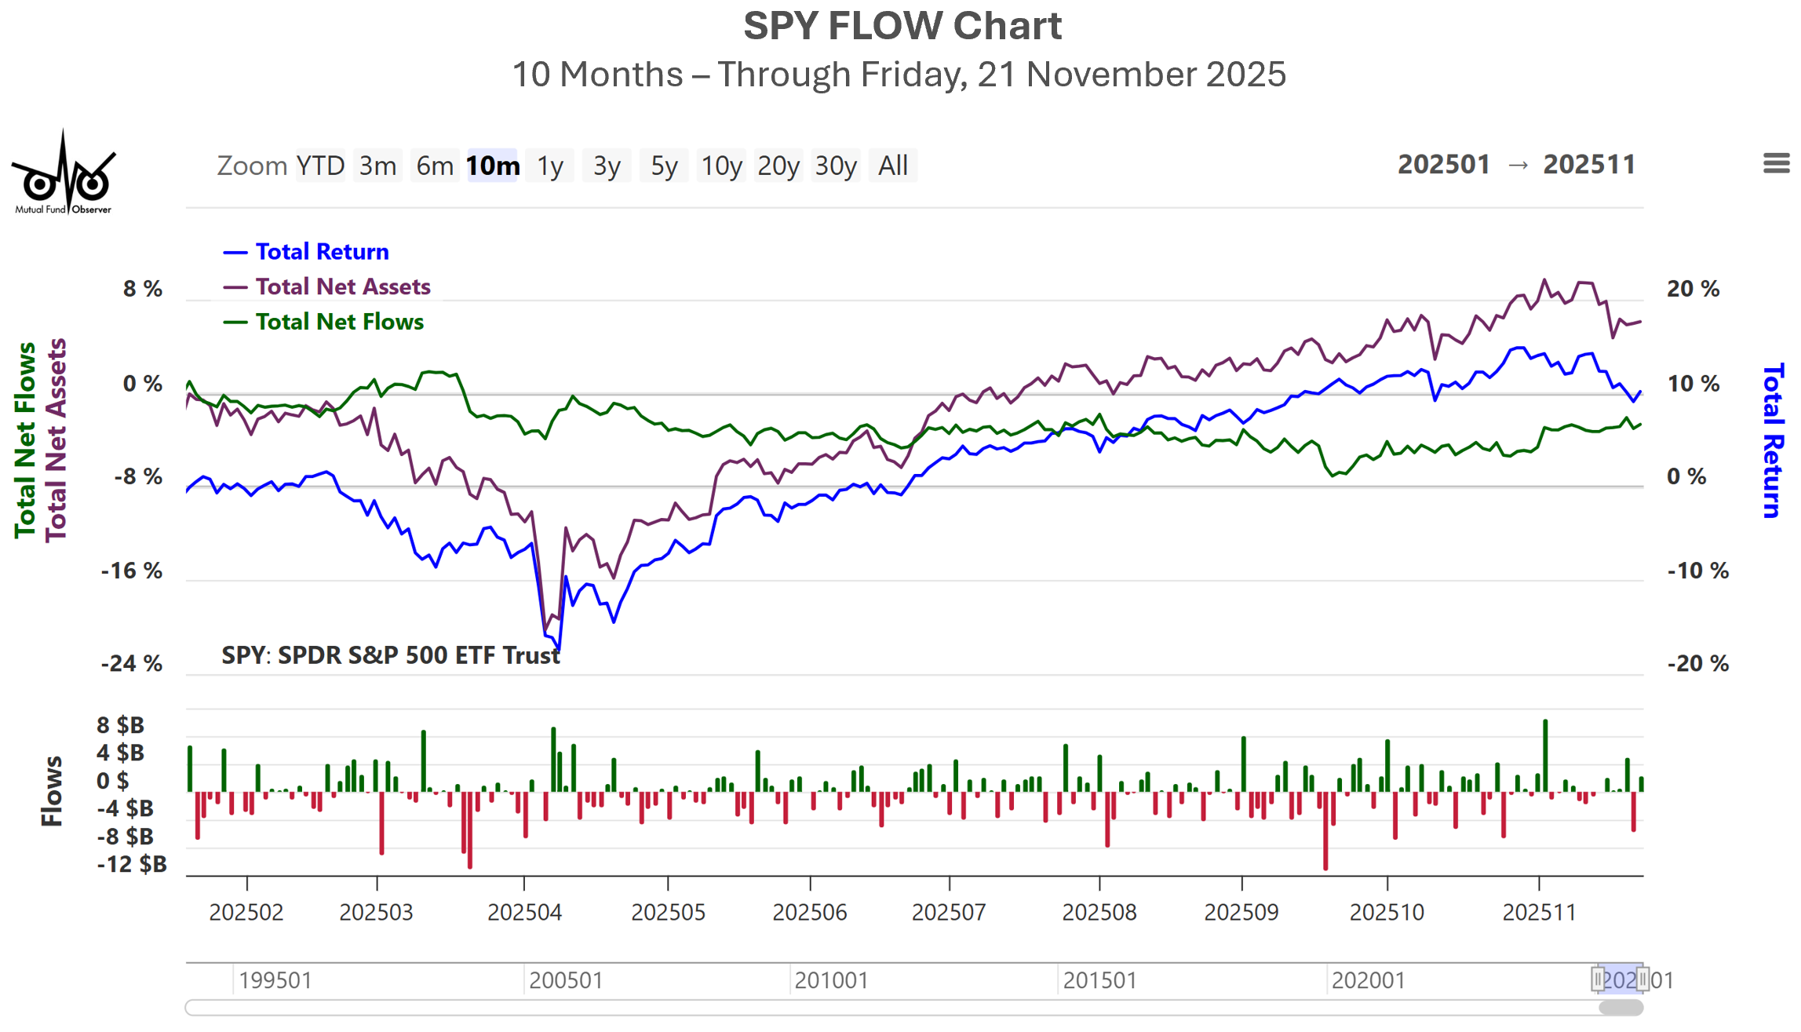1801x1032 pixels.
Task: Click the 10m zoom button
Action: pos(492,166)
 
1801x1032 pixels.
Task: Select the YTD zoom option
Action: pos(320,166)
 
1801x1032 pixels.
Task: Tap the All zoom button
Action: pos(892,166)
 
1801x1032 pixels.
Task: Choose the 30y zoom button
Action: pos(835,166)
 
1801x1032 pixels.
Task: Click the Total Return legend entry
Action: pos(322,252)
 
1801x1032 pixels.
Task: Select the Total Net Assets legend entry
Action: pos(342,287)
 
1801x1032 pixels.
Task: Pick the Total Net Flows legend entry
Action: pos(339,323)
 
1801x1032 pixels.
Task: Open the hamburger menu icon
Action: pos(1776,163)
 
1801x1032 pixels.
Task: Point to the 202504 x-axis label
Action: pos(524,913)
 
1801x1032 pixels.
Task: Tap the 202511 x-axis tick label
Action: pos(1538,913)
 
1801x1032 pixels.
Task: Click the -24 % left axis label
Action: pos(132,664)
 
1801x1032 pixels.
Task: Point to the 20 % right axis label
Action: pos(1693,289)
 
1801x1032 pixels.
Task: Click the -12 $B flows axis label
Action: pos(132,865)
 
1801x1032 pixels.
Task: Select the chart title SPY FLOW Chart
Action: pos(902,26)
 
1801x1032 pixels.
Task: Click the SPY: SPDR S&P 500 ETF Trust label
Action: pos(391,655)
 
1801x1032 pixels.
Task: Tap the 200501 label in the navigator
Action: pos(565,981)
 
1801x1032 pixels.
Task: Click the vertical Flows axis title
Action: pos(52,791)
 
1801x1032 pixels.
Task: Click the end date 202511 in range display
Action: pos(1589,165)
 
